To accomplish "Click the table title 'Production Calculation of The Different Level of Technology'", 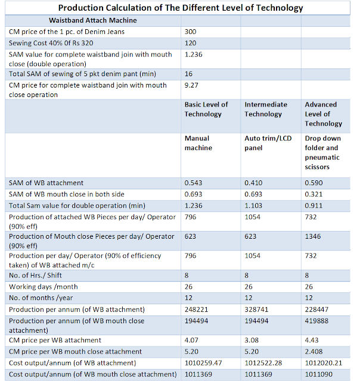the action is (x=181, y=8).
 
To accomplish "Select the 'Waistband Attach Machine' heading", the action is (x=92, y=20).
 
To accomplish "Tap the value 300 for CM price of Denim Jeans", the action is (x=191, y=32).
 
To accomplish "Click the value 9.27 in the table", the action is (x=191, y=85).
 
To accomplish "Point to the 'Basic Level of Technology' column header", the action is (x=206, y=110).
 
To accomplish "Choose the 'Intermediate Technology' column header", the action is (x=266, y=110).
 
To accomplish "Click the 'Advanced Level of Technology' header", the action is (x=324, y=114).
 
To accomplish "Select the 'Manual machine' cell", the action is (x=198, y=143).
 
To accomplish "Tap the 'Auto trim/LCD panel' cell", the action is (x=268, y=143).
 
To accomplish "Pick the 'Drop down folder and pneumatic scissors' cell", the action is (x=323, y=152).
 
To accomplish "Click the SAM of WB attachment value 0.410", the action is (x=253, y=183).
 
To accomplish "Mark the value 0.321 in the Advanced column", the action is (x=314, y=195).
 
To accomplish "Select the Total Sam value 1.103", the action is (x=253, y=206).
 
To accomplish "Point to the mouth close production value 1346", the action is (x=313, y=236).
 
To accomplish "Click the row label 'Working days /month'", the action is (x=44, y=287).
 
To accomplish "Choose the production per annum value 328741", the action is (x=256, y=310).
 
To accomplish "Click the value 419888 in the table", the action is (x=316, y=321).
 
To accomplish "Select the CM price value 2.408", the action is (x=314, y=352).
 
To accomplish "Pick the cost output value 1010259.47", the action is (x=203, y=363).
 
